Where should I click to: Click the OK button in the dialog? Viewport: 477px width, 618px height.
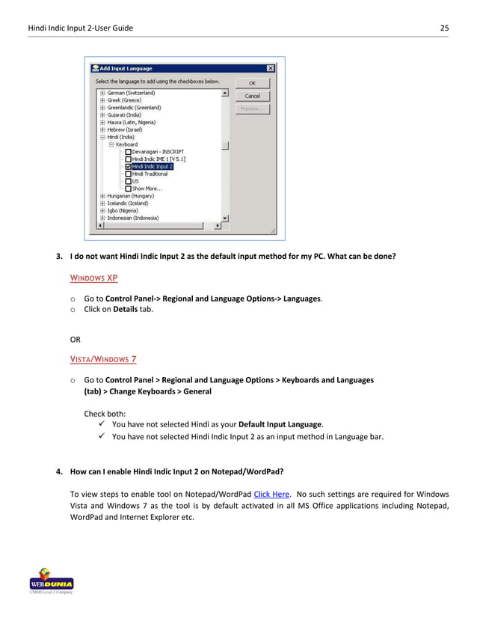tap(252, 83)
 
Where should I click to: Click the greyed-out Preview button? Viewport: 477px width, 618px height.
tap(252, 109)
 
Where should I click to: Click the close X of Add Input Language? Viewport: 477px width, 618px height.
tap(270, 68)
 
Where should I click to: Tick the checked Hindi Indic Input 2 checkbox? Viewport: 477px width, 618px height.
tap(128, 166)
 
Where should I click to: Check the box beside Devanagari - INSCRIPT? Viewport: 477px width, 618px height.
tap(128, 152)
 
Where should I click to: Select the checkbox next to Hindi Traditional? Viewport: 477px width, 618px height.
tap(128, 174)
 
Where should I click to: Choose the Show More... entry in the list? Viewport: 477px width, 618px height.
tap(147, 189)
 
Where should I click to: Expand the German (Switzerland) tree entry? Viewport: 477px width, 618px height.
tap(102, 93)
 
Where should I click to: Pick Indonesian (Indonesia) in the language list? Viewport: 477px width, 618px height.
tap(133, 218)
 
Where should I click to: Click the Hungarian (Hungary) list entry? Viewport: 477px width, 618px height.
tap(132, 196)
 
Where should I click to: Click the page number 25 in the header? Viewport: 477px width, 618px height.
tap(444, 28)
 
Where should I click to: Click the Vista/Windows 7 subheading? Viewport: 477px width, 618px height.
tap(102, 359)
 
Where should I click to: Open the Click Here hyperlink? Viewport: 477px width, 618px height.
tap(271, 494)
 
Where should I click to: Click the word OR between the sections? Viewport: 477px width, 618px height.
tap(76, 340)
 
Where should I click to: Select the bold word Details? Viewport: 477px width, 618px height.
tap(126, 309)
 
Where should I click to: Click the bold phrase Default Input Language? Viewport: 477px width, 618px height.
tap(280, 424)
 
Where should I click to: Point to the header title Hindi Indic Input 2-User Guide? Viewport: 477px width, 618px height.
tap(80, 28)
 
